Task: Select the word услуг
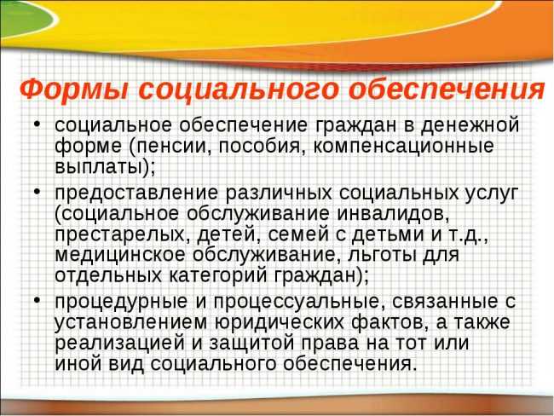[x=493, y=191]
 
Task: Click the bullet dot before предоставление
[x=38, y=191]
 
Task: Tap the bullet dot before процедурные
[x=38, y=302]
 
